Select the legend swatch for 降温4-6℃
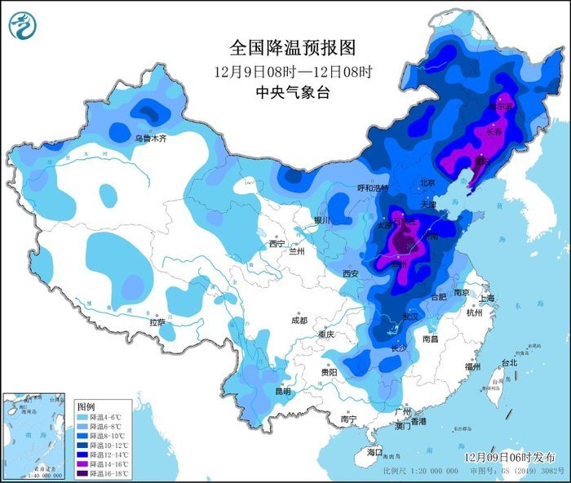(x=82, y=416)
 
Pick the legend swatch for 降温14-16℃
(x=82, y=461)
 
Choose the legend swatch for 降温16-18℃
(x=82, y=471)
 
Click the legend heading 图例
(x=86, y=405)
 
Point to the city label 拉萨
(x=157, y=322)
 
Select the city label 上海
(x=488, y=299)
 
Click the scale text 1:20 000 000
(x=427, y=472)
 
